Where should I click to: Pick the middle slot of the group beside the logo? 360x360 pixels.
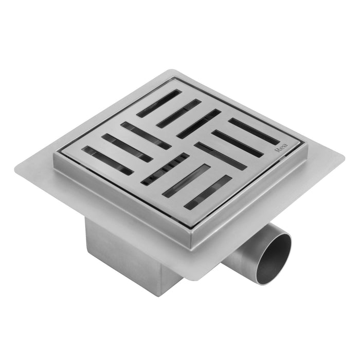(237, 143)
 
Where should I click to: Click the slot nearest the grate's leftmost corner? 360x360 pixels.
(107, 160)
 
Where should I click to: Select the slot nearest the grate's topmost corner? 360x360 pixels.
(159, 103)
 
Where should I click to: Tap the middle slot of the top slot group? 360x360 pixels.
(178, 114)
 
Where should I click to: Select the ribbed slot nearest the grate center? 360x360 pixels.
(165, 169)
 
